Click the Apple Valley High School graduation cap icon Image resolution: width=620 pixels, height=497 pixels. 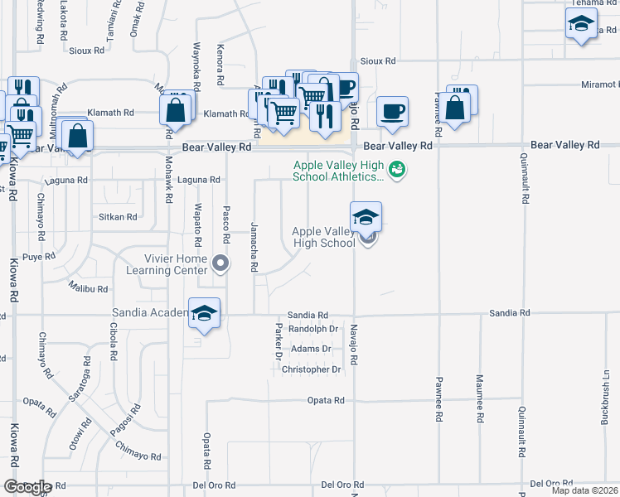(x=366, y=218)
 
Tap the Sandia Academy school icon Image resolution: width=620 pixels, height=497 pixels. (x=204, y=314)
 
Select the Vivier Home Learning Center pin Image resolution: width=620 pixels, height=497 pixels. (x=220, y=264)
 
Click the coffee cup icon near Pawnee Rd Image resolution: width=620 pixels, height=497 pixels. (x=392, y=110)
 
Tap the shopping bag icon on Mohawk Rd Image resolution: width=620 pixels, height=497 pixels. (x=177, y=109)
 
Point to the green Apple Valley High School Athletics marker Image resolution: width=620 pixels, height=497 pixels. (x=398, y=170)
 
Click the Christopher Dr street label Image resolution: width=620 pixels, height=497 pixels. (x=311, y=369)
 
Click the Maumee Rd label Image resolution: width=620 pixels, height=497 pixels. (x=479, y=398)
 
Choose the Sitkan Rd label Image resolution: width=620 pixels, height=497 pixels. (x=118, y=217)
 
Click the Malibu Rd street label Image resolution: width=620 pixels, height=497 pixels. (x=89, y=289)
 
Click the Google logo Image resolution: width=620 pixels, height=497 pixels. (x=27, y=487)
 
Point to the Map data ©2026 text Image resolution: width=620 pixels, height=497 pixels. (x=584, y=490)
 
